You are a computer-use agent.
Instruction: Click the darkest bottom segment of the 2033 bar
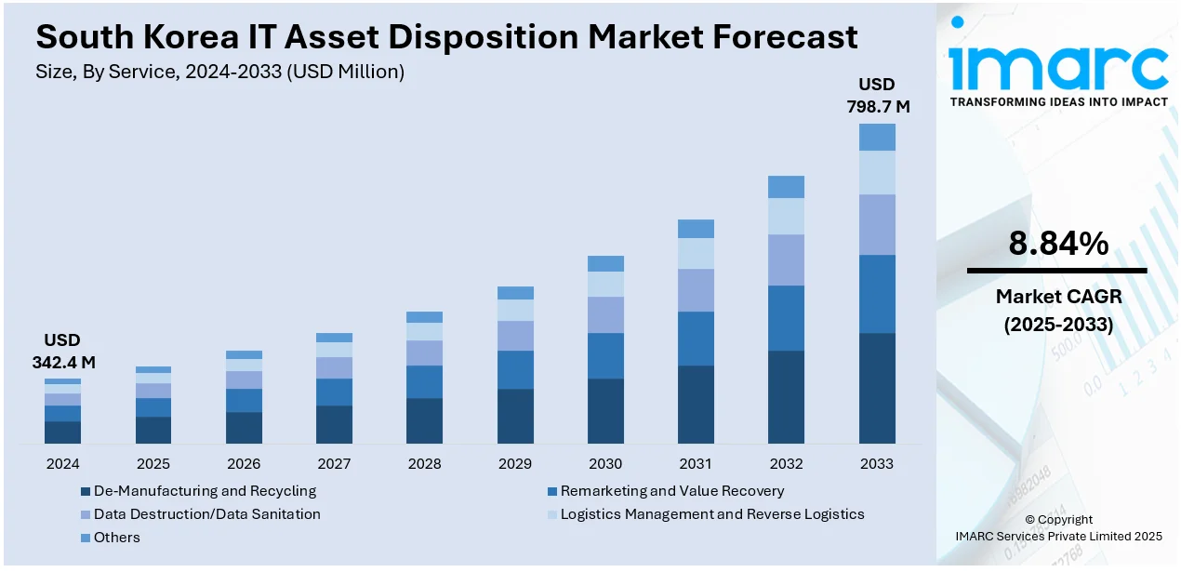click(877, 388)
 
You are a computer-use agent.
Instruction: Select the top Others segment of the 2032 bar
click(786, 187)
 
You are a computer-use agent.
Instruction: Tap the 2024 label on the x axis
click(62, 463)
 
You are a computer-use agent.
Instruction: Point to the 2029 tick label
click(515, 463)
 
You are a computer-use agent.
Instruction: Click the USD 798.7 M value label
click(877, 96)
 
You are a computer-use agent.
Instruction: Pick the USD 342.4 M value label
click(63, 351)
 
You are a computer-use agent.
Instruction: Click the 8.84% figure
click(1058, 244)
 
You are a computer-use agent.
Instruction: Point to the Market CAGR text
click(1058, 297)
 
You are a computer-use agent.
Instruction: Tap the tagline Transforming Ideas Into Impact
click(1058, 101)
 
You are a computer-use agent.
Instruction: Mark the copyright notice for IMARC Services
click(1058, 528)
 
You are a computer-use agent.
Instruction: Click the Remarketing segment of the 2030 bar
click(605, 355)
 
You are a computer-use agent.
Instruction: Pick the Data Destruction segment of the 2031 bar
click(696, 290)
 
